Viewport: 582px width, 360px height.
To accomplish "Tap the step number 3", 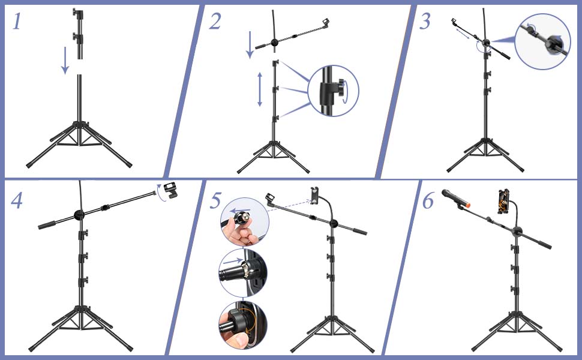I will (425, 22).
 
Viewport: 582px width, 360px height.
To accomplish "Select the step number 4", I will (17, 200).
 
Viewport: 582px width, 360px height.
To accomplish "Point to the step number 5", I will (215, 201).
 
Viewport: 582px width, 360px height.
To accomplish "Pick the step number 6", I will (427, 201).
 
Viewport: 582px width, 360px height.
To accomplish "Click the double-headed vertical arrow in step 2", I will (260, 89).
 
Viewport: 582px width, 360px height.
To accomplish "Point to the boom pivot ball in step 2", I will (274, 43).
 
